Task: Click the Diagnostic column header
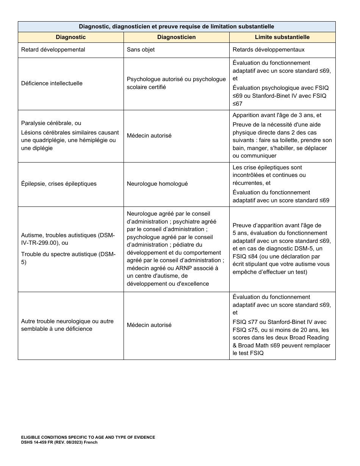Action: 70,37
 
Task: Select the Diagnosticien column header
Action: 176,37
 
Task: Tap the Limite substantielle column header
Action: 282,37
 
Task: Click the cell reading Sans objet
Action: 141,50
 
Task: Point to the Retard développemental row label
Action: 53,50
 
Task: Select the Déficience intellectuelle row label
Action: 52,83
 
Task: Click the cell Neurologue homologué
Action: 157,184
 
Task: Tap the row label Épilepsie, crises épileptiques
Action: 59,184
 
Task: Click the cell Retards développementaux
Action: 268,50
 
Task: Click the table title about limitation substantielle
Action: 176,27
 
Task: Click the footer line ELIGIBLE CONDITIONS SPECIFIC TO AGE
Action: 88,437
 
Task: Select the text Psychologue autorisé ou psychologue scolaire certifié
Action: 176,83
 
